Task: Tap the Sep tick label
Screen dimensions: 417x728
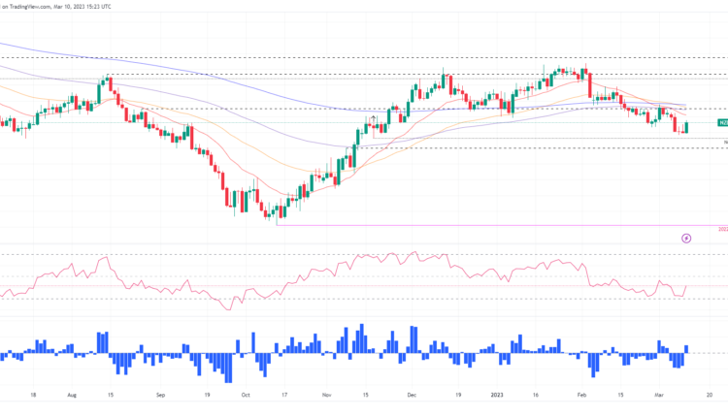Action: [x=161, y=396]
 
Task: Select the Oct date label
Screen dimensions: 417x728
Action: [x=246, y=396]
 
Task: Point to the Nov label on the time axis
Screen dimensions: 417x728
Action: [x=326, y=396]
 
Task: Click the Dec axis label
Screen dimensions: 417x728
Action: [x=412, y=396]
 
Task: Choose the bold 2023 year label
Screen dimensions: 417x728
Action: [x=497, y=396]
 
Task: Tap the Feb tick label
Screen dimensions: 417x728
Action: [x=581, y=396]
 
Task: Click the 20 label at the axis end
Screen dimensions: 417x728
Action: [x=711, y=396]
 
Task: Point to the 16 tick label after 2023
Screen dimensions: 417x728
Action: [x=537, y=396]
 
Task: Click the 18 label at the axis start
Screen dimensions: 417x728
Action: [x=33, y=396]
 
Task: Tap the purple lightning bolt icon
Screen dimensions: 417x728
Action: [x=687, y=238]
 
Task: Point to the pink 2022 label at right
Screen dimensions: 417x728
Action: [x=723, y=229]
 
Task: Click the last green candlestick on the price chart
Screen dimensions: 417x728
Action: [x=686, y=128]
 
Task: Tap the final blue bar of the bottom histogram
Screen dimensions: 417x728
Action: [x=686, y=349]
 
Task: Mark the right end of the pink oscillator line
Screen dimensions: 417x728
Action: [x=686, y=286]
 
